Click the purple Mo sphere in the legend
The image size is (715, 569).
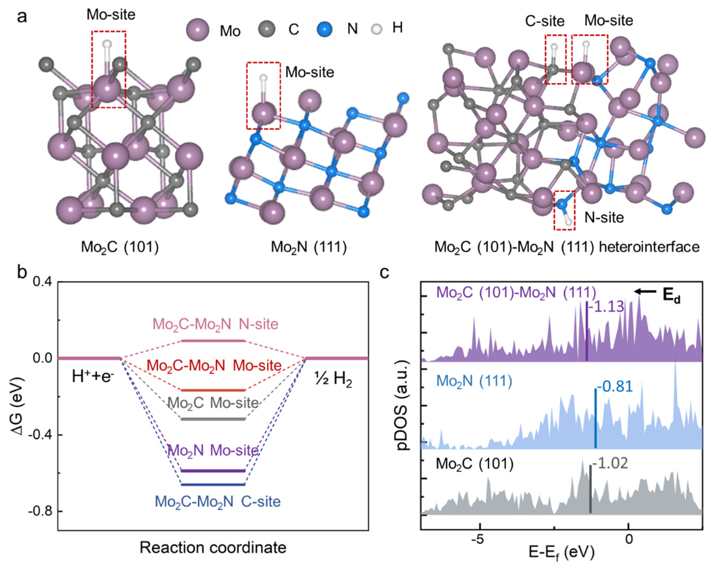click(x=198, y=30)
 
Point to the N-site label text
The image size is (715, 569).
click(x=604, y=217)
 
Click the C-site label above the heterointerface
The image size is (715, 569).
click(x=545, y=21)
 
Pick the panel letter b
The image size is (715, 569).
click(x=22, y=273)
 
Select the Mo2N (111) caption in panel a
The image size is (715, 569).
click(x=308, y=247)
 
